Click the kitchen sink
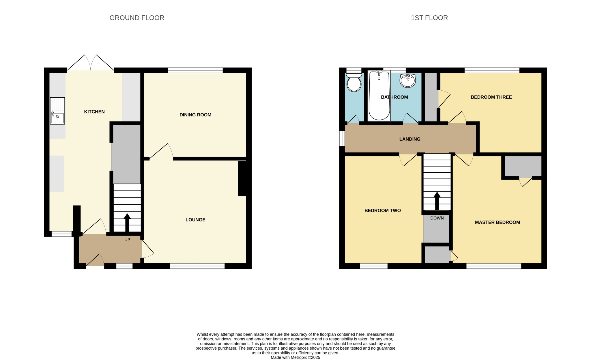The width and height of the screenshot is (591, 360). [x=57, y=111]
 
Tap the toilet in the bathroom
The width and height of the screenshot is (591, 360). [x=354, y=82]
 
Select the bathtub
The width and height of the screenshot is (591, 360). [x=379, y=96]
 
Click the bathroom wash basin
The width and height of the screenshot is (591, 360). [x=407, y=81]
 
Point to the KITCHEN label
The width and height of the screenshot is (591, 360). [x=94, y=112]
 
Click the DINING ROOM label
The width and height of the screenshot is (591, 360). [x=195, y=115]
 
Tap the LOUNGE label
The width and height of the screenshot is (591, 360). [x=195, y=220]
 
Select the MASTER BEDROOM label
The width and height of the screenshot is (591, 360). [x=498, y=222]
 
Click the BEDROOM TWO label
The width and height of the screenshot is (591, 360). [x=383, y=210]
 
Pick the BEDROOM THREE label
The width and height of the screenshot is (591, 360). [x=491, y=97]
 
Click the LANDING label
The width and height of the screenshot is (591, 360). [x=410, y=139]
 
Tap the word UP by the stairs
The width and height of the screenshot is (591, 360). [x=127, y=240]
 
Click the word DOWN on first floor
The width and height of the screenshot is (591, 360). [x=437, y=218]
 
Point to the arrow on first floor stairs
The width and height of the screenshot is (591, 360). [x=437, y=201]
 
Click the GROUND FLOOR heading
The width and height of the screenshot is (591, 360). [x=137, y=18]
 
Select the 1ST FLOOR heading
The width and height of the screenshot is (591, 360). [x=429, y=18]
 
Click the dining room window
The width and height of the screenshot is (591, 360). [x=195, y=70]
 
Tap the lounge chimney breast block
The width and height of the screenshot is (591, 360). [x=242, y=178]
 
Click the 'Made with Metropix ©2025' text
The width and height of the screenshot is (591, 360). [x=295, y=357]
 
